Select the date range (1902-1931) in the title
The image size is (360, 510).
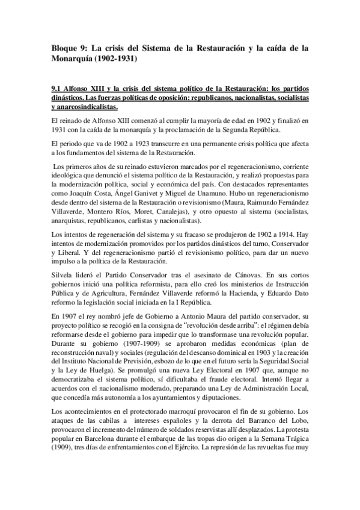[x=116, y=60]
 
